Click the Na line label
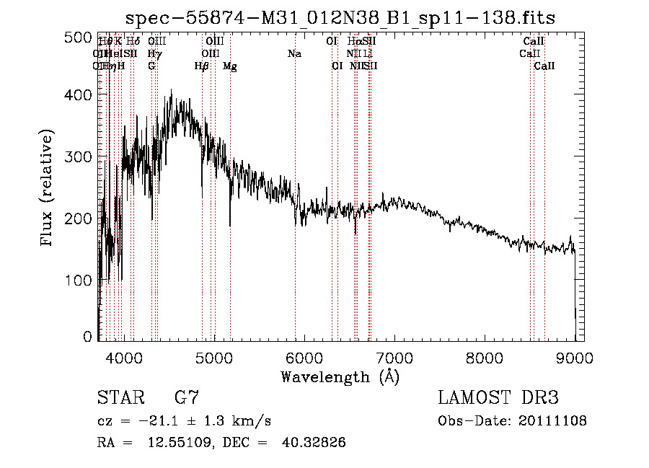tap(294, 54)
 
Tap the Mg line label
tap(230, 66)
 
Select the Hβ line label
tap(201, 66)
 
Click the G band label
tap(151, 66)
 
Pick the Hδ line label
tap(133, 42)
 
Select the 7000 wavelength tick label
tap(394, 358)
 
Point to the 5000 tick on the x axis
tap(213, 358)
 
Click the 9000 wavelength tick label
tap(574, 358)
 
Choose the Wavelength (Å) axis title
tap(340, 376)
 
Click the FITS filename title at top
tap(340, 17)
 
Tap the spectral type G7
tap(187, 398)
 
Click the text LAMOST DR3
tap(498, 398)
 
